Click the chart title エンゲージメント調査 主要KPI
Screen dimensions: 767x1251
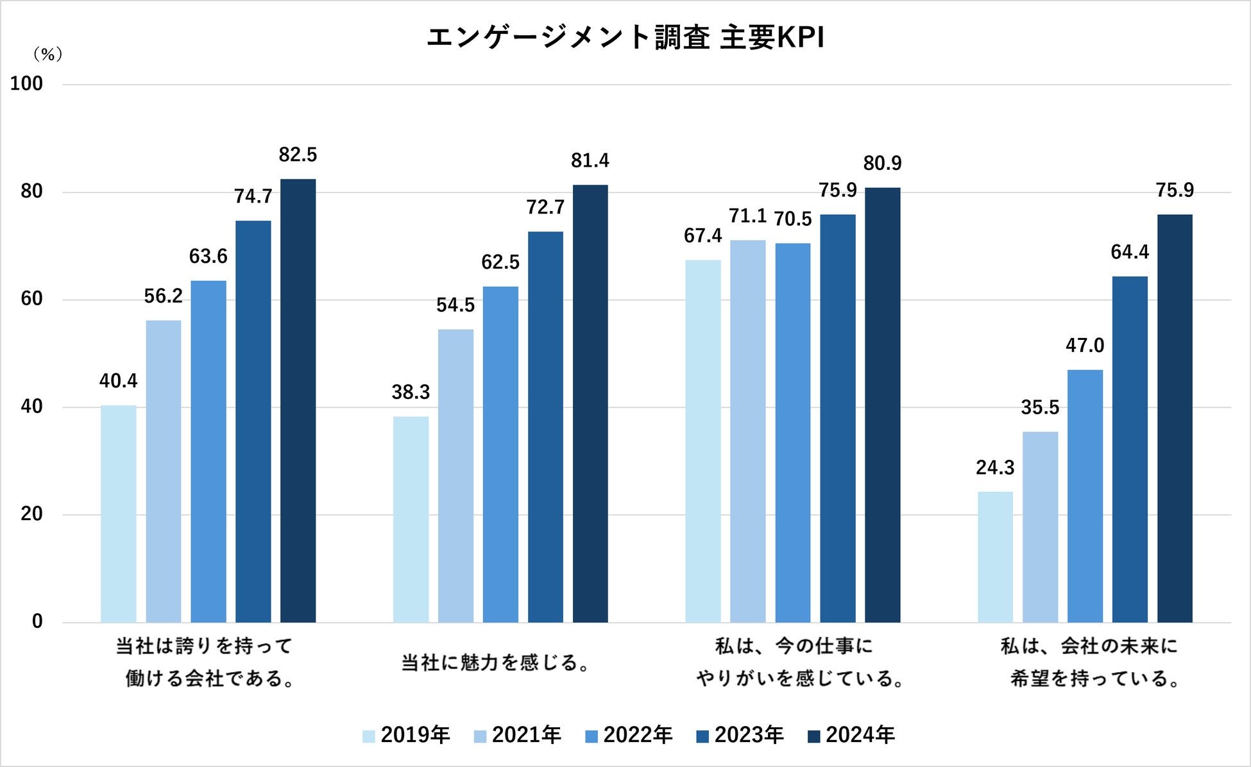pos(625,37)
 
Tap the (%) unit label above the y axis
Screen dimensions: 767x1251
pos(47,55)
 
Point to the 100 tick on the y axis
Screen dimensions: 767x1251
pos(26,83)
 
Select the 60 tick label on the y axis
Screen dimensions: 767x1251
pos(31,299)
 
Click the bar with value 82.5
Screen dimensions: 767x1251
pos(298,401)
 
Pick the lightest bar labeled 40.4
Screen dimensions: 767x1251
pos(119,513)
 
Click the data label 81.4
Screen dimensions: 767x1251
pos(590,160)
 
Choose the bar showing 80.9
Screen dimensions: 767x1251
pos(882,405)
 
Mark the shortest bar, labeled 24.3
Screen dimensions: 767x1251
pos(995,557)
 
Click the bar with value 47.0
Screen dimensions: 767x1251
pos(1085,496)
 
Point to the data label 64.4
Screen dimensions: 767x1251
pos(1130,252)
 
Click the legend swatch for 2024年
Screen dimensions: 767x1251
pos(813,736)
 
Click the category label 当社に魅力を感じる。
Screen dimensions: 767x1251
pos(495,662)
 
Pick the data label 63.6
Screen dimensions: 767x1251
pos(208,257)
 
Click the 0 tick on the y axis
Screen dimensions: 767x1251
pos(37,621)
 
